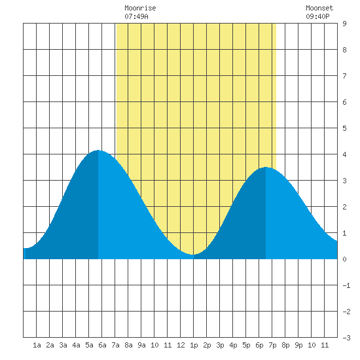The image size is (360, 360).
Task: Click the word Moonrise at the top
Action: pyautogui.click(x=140, y=8)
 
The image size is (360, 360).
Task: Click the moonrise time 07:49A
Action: pyautogui.click(x=136, y=16)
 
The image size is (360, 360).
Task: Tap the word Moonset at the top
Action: pyautogui.click(x=319, y=8)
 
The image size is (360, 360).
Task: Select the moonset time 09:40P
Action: pyautogui.click(x=317, y=16)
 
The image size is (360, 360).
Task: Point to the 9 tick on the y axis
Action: pyautogui.click(x=344, y=24)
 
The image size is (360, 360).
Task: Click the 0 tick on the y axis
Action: pyautogui.click(x=344, y=259)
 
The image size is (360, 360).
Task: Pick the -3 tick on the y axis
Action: pyautogui.click(x=346, y=338)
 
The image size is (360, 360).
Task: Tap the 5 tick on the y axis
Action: pyautogui.click(x=344, y=128)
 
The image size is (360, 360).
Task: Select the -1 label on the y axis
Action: pyautogui.click(x=346, y=285)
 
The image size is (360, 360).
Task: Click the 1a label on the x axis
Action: pyautogui.click(x=37, y=345)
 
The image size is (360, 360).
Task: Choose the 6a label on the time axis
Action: pyautogui.click(x=102, y=345)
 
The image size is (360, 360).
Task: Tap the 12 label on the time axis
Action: pyautogui.click(x=181, y=345)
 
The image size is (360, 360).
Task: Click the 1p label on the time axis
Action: pyautogui.click(x=194, y=345)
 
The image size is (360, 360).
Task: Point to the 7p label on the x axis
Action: pyautogui.click(x=272, y=345)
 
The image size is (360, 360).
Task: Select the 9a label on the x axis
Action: pyautogui.click(x=141, y=345)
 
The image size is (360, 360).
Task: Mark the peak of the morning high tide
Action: pyautogui.click(x=98, y=150)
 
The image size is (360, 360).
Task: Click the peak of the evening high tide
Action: pyautogui.click(x=266, y=167)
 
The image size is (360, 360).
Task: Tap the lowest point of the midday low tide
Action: pyautogui.click(x=193, y=255)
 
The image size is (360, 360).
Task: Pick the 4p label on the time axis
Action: pyautogui.click(x=233, y=345)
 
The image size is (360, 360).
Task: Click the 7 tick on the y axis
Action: pyautogui.click(x=344, y=76)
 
